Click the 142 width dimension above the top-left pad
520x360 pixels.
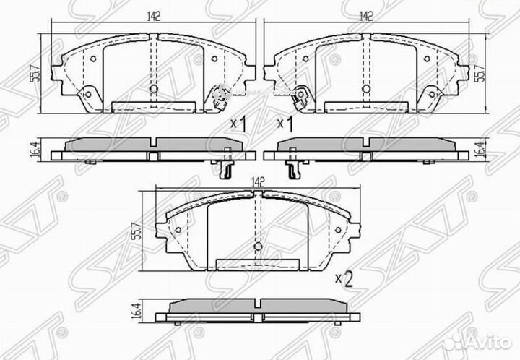point(152,15)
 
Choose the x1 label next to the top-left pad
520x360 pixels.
point(238,124)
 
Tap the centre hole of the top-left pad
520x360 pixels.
point(152,88)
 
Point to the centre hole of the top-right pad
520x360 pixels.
point(365,88)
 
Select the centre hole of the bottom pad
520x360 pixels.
point(259,247)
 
